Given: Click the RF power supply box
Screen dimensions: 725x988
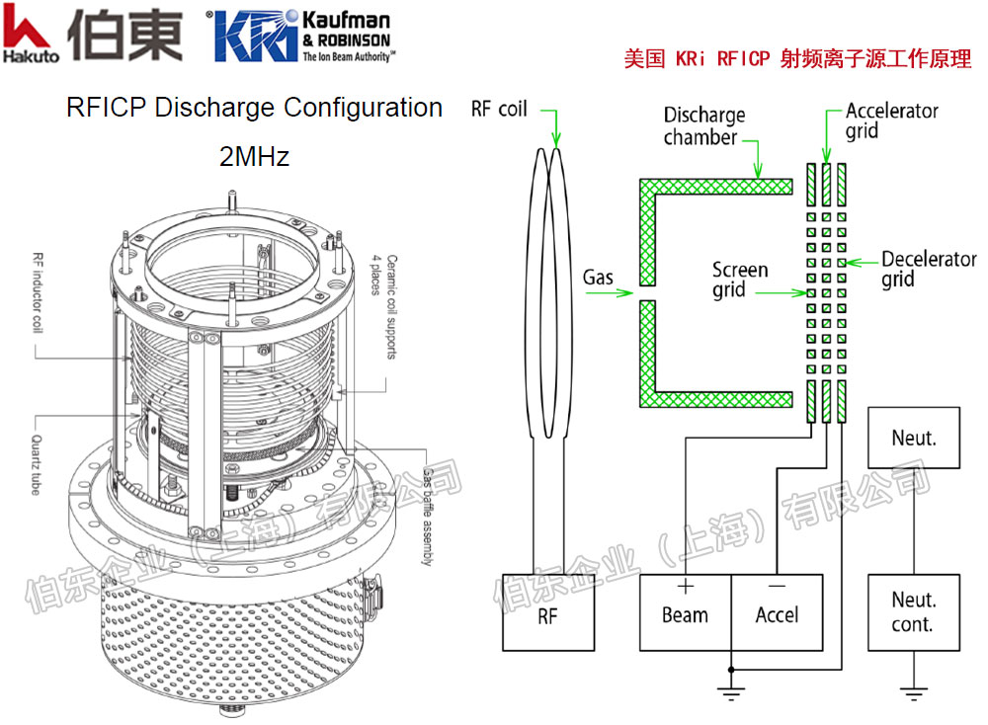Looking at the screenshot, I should [x=548, y=611].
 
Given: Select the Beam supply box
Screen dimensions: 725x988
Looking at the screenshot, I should [x=685, y=611].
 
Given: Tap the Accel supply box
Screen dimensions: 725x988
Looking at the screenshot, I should [x=777, y=611].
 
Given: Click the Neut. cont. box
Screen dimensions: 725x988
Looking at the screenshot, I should [x=913, y=611].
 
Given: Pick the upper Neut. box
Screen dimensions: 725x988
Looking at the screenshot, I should [x=913, y=436].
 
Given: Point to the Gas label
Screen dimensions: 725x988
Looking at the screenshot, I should [x=598, y=278].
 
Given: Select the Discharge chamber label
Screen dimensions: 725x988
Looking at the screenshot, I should [x=704, y=126].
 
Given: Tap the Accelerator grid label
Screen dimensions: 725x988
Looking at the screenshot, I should [x=891, y=120].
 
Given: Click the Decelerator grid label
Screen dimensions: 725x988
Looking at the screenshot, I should [x=928, y=269].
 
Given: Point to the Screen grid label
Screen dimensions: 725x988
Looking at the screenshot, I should [x=740, y=280].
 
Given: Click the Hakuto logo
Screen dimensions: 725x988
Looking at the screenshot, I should [x=30, y=36].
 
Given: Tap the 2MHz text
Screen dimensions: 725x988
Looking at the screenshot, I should [x=254, y=156].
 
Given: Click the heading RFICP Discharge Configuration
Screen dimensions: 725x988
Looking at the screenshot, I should [x=254, y=107].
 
